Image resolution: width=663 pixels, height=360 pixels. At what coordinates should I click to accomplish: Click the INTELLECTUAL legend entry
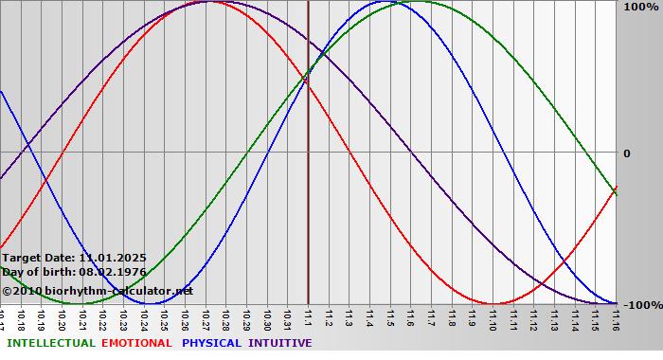(50, 343)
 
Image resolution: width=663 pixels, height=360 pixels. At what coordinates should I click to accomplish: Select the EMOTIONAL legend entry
(136, 343)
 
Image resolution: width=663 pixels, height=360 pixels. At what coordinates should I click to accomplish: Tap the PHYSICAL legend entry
(212, 343)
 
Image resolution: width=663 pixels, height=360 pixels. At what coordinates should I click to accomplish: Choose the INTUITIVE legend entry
(279, 343)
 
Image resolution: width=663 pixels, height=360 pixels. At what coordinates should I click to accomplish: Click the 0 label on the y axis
(626, 153)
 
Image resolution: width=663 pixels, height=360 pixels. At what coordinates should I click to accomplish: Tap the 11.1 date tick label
(308, 316)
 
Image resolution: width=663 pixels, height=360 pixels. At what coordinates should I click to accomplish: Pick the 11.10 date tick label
(493, 317)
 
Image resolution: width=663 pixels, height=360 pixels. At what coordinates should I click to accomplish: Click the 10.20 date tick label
(63, 317)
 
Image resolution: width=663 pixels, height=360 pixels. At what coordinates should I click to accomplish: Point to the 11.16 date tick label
(616, 317)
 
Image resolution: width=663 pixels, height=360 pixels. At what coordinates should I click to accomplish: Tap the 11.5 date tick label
(390, 316)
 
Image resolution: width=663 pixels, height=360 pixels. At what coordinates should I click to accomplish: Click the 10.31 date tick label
(287, 317)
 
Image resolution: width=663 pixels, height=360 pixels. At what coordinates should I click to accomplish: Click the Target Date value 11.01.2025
(112, 258)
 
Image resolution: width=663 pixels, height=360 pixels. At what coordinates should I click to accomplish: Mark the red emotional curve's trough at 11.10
(493, 303)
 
